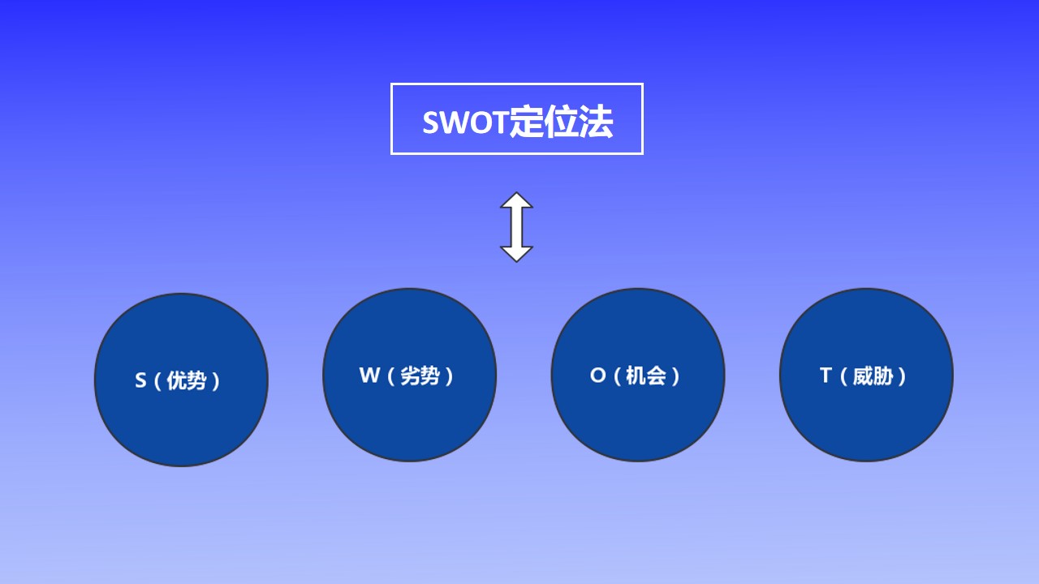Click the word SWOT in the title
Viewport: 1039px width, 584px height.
(x=465, y=122)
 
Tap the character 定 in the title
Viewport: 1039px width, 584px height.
(x=527, y=122)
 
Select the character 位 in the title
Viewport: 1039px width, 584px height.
(x=561, y=122)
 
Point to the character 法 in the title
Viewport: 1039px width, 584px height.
(x=596, y=122)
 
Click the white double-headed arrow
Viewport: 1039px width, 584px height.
(x=516, y=227)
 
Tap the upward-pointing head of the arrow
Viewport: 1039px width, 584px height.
(x=516, y=200)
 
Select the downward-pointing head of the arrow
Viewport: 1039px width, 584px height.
(x=516, y=255)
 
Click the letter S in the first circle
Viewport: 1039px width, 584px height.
(x=140, y=380)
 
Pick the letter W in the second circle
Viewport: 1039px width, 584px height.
(x=369, y=375)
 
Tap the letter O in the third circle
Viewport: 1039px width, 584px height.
(x=598, y=375)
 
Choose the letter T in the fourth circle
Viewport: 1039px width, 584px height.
(x=826, y=375)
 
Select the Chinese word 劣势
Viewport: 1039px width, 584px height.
(x=420, y=376)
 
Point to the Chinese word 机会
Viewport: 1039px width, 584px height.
(x=646, y=376)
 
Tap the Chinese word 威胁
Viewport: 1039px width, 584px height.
(x=873, y=376)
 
